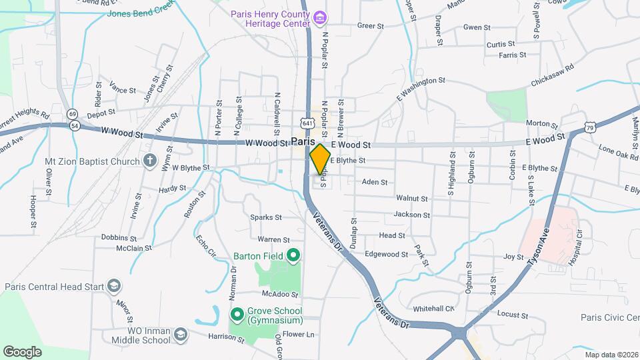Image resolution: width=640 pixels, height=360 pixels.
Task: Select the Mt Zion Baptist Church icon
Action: pyautogui.click(x=149, y=161)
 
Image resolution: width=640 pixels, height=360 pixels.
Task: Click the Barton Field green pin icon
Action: pyautogui.click(x=292, y=255)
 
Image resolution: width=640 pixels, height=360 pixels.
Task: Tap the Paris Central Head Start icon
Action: pyautogui.click(x=115, y=287)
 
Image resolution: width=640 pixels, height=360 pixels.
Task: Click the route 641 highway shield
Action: pyautogui.click(x=307, y=123)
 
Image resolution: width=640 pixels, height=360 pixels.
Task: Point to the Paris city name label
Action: pyautogui.click(x=302, y=142)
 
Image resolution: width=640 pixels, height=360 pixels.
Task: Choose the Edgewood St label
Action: pyautogui.click(x=386, y=255)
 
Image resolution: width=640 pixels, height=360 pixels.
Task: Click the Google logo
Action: pyautogui.click(x=22, y=351)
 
